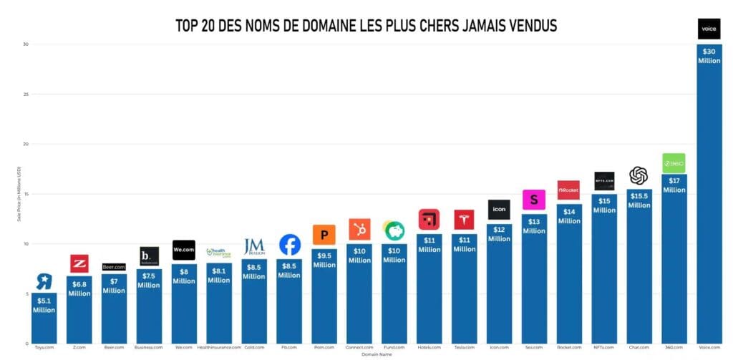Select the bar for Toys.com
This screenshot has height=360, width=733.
(44, 322)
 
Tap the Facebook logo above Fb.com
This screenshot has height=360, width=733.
(290, 245)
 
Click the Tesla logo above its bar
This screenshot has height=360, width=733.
(464, 220)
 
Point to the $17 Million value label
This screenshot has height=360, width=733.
(674, 185)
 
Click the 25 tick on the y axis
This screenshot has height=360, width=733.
(25, 94)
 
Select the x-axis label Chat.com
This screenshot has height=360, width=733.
(639, 347)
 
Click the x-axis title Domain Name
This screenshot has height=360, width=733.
(376, 354)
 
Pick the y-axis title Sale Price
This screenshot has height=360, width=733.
(19, 193)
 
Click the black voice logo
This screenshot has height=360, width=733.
(709, 29)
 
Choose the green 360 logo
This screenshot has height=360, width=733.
(674, 163)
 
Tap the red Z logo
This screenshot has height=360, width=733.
(79, 263)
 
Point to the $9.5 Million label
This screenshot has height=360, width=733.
(324, 260)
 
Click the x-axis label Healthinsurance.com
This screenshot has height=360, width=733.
(219, 347)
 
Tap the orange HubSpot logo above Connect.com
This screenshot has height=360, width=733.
(359, 229)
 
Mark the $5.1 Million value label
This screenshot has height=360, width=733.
(44, 306)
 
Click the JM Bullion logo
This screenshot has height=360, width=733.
(254, 247)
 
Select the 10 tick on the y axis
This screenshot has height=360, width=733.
(25, 244)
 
